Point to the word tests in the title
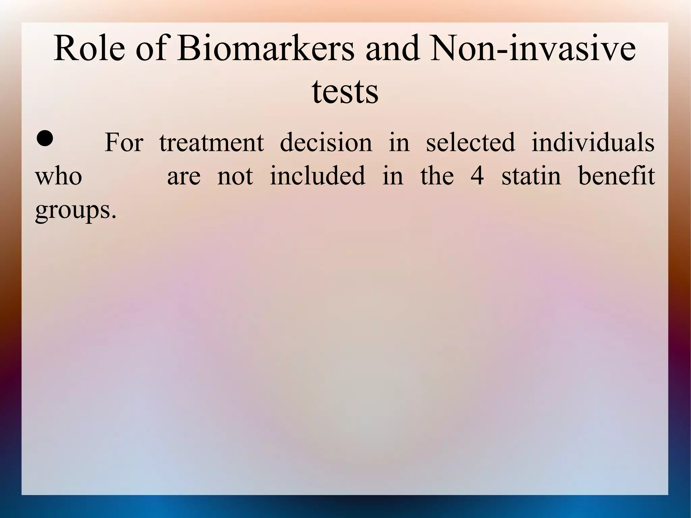pyautogui.click(x=345, y=91)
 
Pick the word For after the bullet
pyautogui.click(x=124, y=142)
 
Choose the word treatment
pyautogui.click(x=212, y=142)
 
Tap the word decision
pyautogui.click(x=326, y=142)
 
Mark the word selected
pyautogui.click(x=471, y=142)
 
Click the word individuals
pyautogui.click(x=593, y=142)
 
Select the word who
pyautogui.click(x=59, y=176)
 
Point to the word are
pyautogui.click(x=184, y=176)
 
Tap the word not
pyautogui.click(x=235, y=176)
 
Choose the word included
pyautogui.click(x=317, y=176)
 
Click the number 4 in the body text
pyautogui.click(x=477, y=176)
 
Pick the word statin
pyautogui.click(x=531, y=176)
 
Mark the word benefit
pyautogui.click(x=616, y=176)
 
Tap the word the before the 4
pyautogui.click(x=437, y=176)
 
